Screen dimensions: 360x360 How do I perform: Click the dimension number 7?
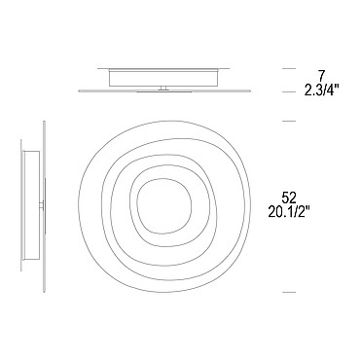[321, 76]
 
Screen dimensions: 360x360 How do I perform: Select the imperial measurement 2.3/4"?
[321, 90]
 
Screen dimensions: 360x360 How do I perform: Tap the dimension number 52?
[289, 198]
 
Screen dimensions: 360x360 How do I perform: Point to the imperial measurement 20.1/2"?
[289, 212]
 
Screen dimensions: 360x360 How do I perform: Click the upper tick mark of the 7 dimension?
[289, 69]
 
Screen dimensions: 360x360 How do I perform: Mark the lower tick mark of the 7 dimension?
[289, 92]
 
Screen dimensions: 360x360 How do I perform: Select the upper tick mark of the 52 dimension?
[289, 121]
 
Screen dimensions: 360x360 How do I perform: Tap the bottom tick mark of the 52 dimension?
[289, 292]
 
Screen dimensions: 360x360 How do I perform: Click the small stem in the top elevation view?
[164, 88]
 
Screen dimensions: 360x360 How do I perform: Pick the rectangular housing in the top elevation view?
[164, 78]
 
